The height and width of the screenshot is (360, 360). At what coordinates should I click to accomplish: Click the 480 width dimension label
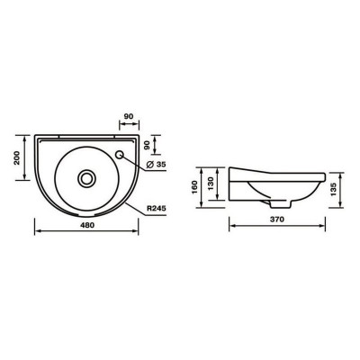(x=86, y=225)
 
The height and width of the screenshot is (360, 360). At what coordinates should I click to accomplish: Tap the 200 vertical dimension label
(x=17, y=157)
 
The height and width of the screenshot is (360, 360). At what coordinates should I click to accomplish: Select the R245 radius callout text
(x=157, y=209)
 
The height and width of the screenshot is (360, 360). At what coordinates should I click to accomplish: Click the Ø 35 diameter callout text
(x=157, y=164)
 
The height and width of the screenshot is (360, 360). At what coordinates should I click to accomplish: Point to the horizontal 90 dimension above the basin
(x=129, y=116)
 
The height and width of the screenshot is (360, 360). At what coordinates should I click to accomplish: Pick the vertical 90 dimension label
(x=148, y=145)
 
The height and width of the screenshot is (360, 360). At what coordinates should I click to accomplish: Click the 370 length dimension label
(x=277, y=220)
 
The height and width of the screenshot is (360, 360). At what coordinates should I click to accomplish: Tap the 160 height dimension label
(x=194, y=187)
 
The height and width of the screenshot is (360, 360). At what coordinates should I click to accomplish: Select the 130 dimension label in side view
(x=211, y=184)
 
